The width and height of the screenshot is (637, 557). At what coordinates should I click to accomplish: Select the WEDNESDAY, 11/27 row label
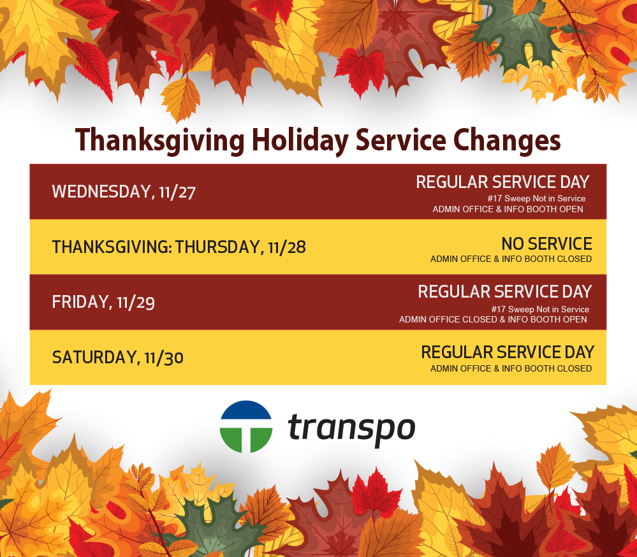point(123,192)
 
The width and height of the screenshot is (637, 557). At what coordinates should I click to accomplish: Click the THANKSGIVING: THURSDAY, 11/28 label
point(179,247)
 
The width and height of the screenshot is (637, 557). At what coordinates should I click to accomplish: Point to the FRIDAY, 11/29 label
point(103,302)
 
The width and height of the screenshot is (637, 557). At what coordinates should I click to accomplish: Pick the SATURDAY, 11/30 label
point(117,358)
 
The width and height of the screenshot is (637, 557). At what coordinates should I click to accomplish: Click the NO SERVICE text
point(546,244)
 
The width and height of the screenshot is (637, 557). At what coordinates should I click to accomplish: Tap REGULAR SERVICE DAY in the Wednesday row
point(502,182)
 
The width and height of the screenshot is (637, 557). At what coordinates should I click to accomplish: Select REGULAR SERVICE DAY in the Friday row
point(504,292)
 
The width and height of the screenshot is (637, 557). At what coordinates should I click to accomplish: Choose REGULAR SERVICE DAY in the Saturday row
point(508,352)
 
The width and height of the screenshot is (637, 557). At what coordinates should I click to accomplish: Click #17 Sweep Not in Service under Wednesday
point(536,199)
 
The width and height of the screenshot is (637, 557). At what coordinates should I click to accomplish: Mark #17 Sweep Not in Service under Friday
point(540,310)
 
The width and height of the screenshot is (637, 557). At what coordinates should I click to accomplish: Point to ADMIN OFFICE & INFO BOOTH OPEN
point(508,209)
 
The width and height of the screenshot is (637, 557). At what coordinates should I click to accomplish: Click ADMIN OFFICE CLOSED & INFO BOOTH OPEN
point(493,319)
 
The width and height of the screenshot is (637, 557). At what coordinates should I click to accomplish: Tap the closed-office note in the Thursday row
point(511,259)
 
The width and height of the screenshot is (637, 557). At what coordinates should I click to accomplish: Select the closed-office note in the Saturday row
point(511,368)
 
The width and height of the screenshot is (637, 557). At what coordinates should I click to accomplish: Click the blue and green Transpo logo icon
point(246,426)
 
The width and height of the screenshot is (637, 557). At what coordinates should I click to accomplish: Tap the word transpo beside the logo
point(351,428)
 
